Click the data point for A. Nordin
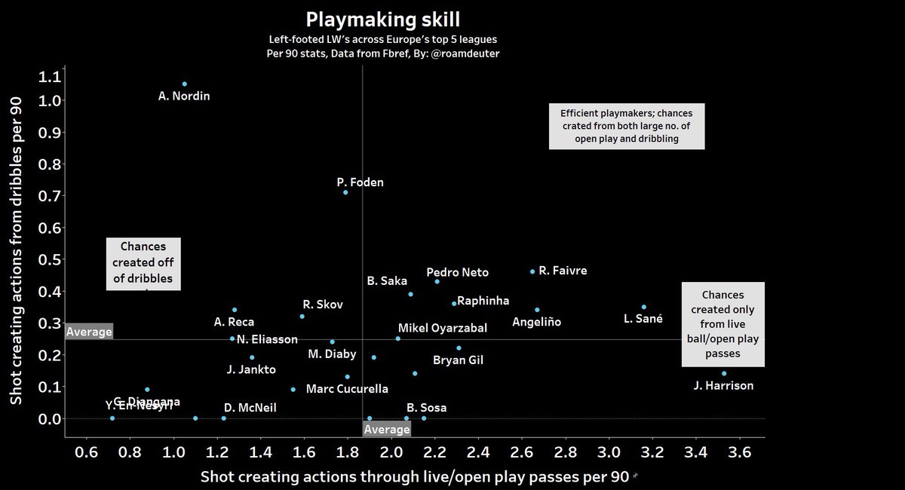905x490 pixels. coord(184,84)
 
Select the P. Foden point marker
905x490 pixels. coord(345,192)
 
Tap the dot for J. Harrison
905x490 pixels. coord(724,373)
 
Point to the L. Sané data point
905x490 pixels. coord(643,307)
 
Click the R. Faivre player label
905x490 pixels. coord(563,270)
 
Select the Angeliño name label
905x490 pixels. coord(536,322)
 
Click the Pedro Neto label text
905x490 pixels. coord(457,272)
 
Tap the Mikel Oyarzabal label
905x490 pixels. coord(443,328)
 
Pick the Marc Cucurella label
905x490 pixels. coord(347,389)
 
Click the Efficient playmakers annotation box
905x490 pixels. coord(626,126)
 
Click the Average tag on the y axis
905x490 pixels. coord(88,331)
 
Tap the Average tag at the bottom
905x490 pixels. coord(386,429)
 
